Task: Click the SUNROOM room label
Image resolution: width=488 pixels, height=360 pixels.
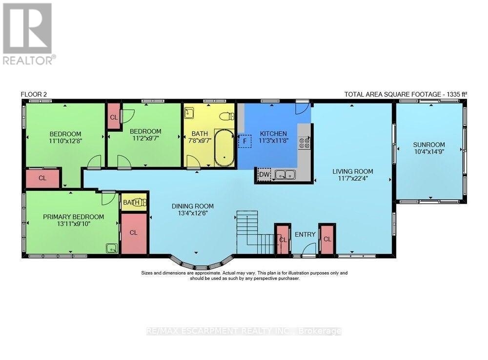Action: pyautogui.click(x=429, y=145)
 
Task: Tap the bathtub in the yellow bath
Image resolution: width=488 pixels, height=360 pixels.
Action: pyautogui.click(x=224, y=148)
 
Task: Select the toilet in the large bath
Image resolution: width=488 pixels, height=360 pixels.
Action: pyautogui.click(x=227, y=116)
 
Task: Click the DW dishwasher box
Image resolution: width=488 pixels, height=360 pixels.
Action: pyautogui.click(x=264, y=174)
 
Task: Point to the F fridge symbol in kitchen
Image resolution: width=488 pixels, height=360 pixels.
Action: pyautogui.click(x=245, y=141)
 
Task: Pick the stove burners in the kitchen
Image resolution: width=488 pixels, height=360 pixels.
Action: pyautogui.click(x=304, y=143)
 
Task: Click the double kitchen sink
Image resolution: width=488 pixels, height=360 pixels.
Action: pyautogui.click(x=285, y=174)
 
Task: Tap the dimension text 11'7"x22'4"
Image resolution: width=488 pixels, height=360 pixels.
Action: pyautogui.click(x=353, y=178)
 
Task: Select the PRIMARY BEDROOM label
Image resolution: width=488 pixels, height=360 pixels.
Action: pyautogui.click(x=74, y=217)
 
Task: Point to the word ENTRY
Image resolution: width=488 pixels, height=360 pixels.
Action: pyautogui.click(x=305, y=234)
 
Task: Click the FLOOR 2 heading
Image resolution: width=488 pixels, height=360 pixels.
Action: pyautogui.click(x=34, y=94)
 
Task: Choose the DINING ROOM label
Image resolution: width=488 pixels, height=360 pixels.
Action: pyautogui.click(x=193, y=206)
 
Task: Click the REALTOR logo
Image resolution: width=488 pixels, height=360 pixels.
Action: pyautogui.click(x=28, y=34)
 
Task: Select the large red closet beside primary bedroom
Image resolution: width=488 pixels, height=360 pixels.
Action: pyautogui.click(x=134, y=233)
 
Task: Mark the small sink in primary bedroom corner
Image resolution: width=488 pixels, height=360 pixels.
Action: pyautogui.click(x=111, y=248)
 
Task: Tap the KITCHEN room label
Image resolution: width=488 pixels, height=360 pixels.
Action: pyautogui.click(x=273, y=134)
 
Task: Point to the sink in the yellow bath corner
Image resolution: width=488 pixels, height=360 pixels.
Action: pyautogui.click(x=189, y=113)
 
